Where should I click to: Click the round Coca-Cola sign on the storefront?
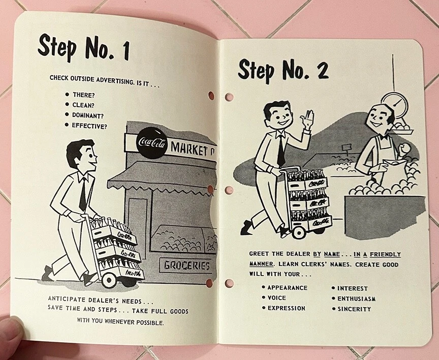point(152,143)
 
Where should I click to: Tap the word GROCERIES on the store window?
point(187,265)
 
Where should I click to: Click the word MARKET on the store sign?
point(191,149)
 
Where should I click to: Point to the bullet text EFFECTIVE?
point(89,126)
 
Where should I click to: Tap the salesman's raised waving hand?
point(307,118)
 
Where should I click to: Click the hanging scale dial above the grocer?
point(394,103)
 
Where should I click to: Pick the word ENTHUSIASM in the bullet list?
point(356,298)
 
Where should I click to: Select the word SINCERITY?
point(354,309)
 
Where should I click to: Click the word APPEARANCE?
point(287,288)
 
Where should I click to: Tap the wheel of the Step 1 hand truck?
point(109,279)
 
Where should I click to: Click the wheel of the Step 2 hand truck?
point(298,232)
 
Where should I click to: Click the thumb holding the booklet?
point(11,333)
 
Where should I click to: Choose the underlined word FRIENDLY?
point(385,254)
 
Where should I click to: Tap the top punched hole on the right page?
point(229,97)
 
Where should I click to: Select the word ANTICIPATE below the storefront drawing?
point(67,299)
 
